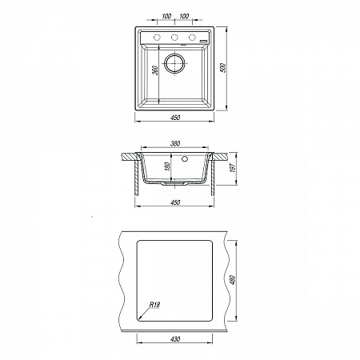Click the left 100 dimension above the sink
166,16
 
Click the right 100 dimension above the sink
184,16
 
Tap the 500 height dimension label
223,68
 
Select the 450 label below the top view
175,118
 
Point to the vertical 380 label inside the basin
156,70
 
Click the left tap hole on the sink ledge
157,38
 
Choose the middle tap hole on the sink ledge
174,38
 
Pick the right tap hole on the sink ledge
192,38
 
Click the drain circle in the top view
174,63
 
